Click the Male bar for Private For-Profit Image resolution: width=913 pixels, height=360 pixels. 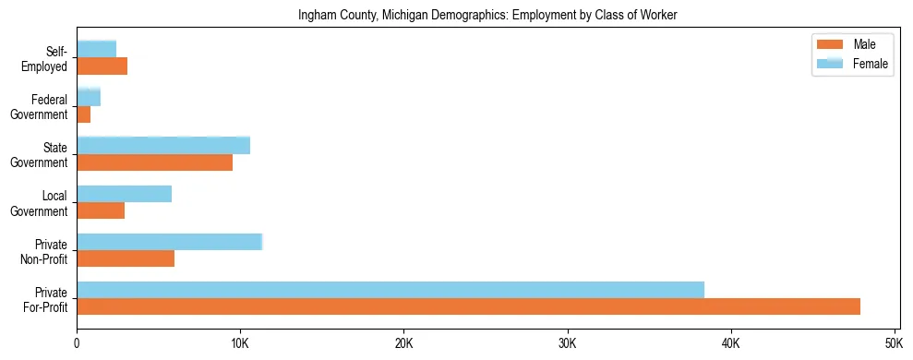[x=468, y=306]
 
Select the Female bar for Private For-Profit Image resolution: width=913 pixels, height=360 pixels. [x=390, y=290]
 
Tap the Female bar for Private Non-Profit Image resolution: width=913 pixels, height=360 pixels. [x=170, y=242]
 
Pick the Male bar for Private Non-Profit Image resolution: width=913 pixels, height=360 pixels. [x=126, y=258]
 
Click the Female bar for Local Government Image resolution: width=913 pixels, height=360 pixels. [x=125, y=194]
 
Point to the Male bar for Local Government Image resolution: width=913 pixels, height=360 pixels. [x=101, y=210]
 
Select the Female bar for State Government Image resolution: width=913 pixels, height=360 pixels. [x=163, y=146]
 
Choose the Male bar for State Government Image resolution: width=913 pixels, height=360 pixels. [x=154, y=162]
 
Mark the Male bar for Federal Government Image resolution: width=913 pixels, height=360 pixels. [x=84, y=114]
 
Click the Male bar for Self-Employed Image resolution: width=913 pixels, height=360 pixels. [x=102, y=66]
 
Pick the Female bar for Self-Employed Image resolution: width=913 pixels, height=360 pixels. [x=97, y=49]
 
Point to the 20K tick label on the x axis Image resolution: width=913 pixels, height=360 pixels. [x=403, y=343]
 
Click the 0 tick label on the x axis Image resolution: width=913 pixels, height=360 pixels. [x=77, y=343]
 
